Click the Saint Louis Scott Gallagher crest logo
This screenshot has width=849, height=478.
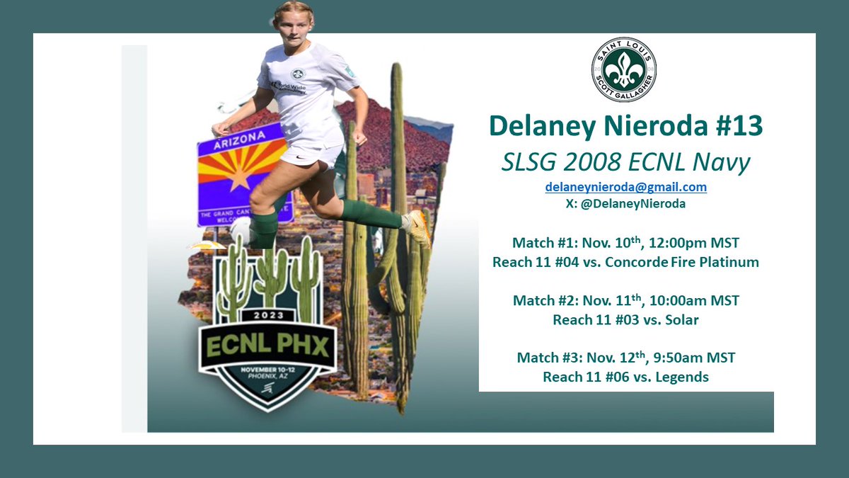pyautogui.click(x=623, y=69)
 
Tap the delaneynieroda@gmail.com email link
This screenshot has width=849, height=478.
pyautogui.click(x=625, y=187)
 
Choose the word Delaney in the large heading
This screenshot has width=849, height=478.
pyautogui.click(x=542, y=125)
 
